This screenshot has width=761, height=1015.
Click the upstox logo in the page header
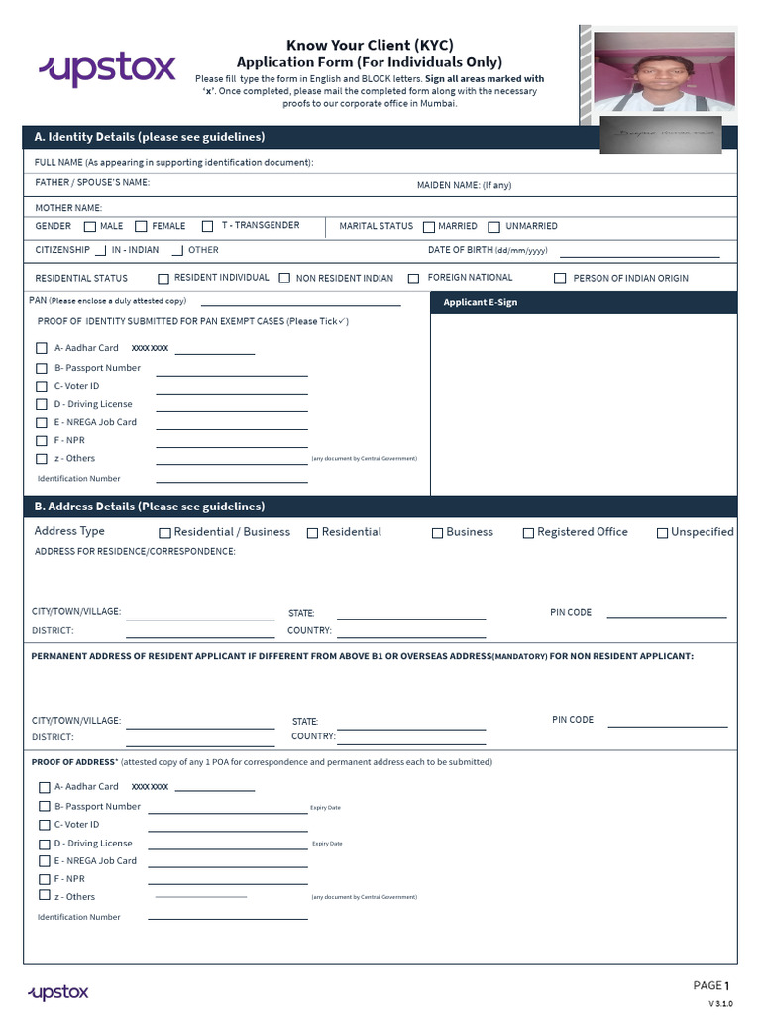click(x=107, y=69)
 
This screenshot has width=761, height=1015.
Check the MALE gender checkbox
click(x=90, y=226)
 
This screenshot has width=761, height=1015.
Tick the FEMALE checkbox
click(x=142, y=226)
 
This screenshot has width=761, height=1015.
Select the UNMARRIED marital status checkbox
click(x=495, y=226)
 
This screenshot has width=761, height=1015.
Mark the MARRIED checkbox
click(x=429, y=226)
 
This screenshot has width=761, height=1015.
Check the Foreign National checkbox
click(x=414, y=279)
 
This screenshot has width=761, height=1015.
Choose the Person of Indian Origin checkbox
click(x=560, y=279)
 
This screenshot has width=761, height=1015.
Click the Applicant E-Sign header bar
click(x=584, y=302)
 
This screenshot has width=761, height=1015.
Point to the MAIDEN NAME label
click(x=464, y=185)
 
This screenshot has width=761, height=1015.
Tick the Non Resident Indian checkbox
click(x=284, y=279)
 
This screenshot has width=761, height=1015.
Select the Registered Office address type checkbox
click(x=528, y=533)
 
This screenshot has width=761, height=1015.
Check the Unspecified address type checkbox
click(x=662, y=533)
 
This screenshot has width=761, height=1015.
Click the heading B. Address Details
click(x=150, y=507)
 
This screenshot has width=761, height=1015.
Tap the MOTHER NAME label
click(x=68, y=208)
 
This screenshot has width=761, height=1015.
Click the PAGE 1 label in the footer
click(x=710, y=985)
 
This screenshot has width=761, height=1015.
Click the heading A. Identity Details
click(x=150, y=137)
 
